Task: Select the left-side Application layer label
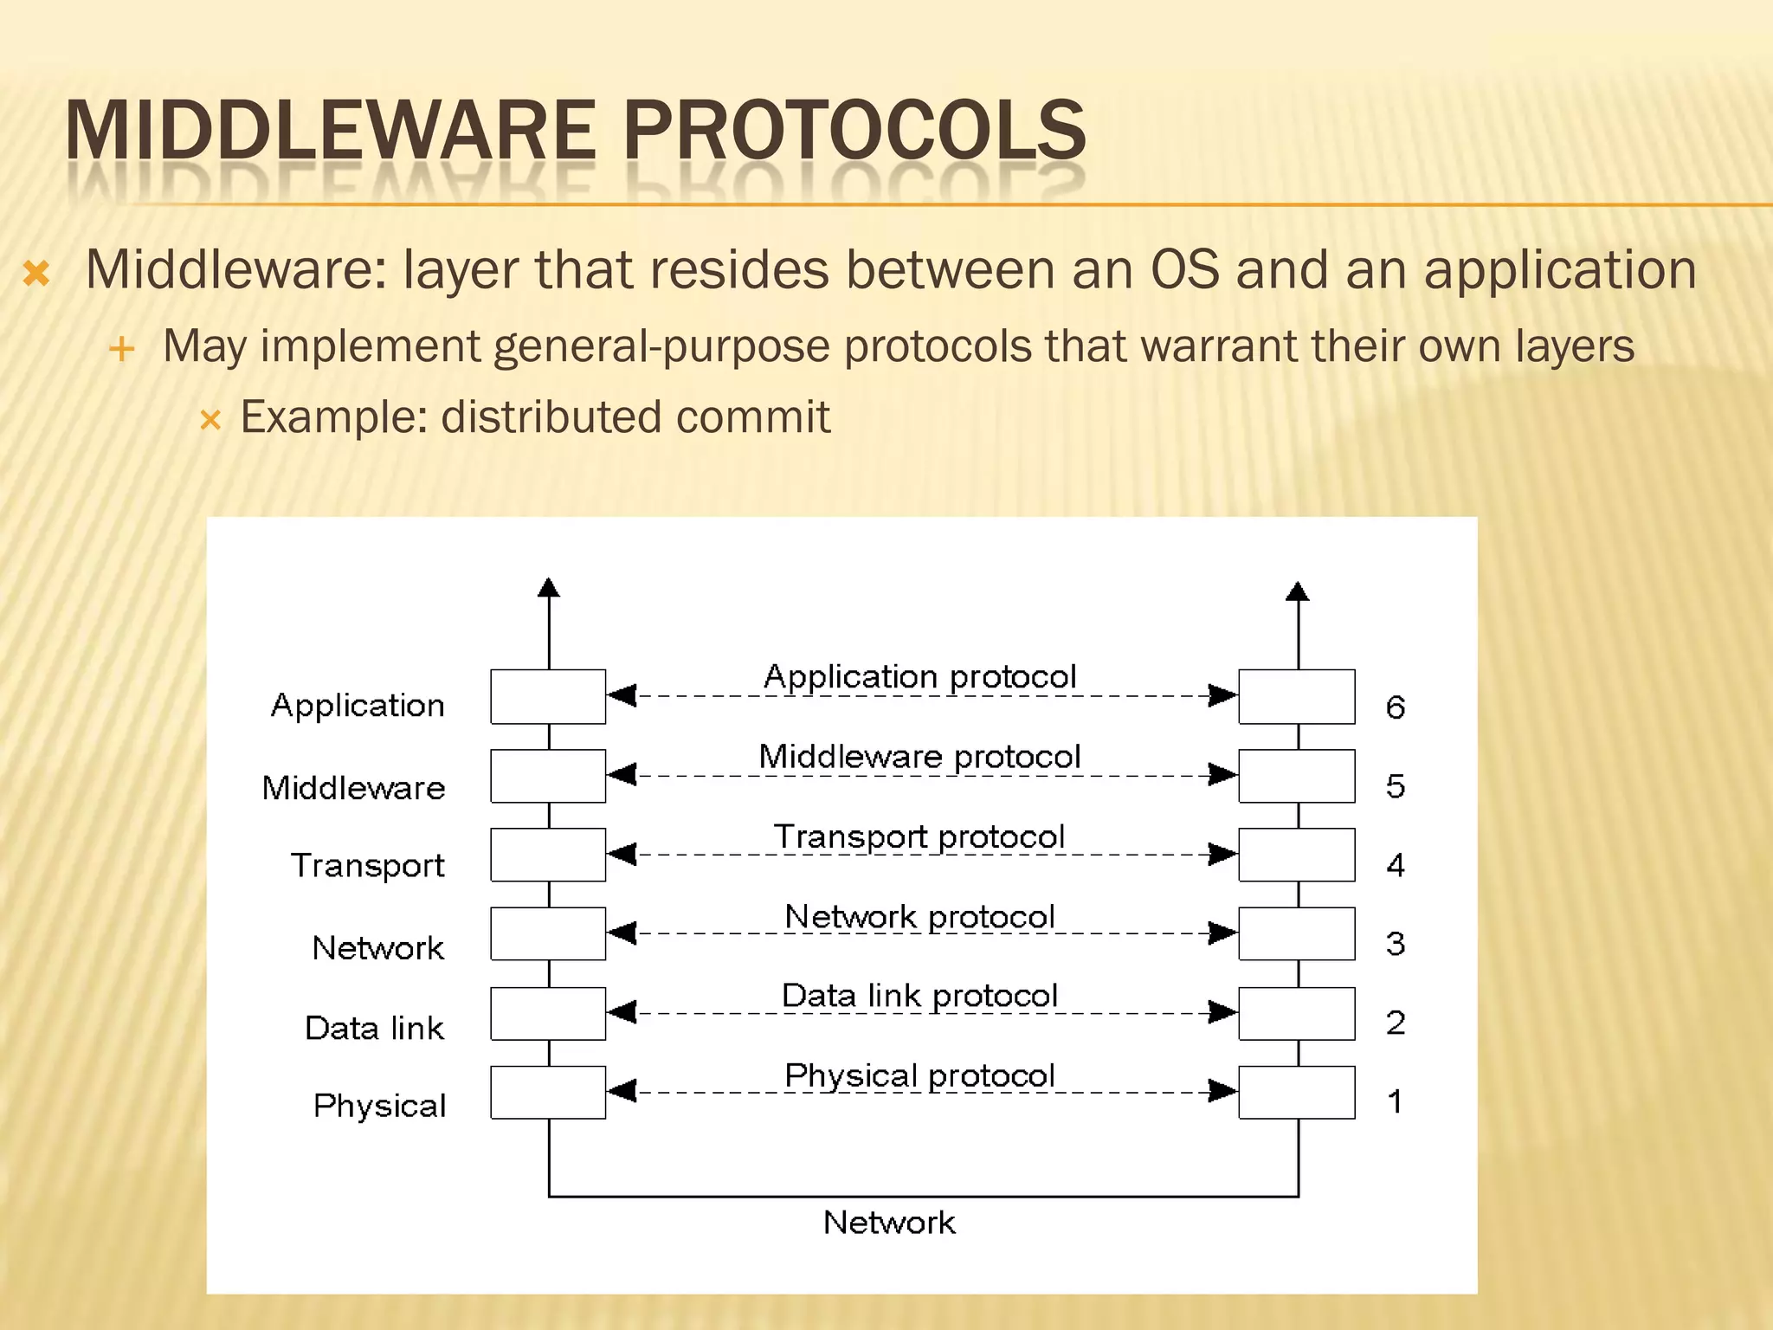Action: [x=358, y=707]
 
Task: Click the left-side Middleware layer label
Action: [x=353, y=788]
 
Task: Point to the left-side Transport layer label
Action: [x=368, y=866]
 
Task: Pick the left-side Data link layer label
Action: [x=374, y=1029]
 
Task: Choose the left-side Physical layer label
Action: [x=379, y=1107]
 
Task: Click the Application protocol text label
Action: [x=919, y=677]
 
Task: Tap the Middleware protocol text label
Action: [x=919, y=758]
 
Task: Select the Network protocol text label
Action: [x=919, y=917]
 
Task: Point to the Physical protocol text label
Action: [x=919, y=1076]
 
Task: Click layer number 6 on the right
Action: [x=1395, y=707]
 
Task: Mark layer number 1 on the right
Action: [x=1395, y=1101]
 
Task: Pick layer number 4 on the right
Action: [x=1395, y=865]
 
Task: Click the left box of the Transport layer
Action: [x=548, y=855]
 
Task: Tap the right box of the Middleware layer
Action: [x=1296, y=776]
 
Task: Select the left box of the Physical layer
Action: [x=548, y=1092]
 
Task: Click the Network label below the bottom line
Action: [x=889, y=1223]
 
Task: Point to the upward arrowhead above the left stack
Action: [x=548, y=588]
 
